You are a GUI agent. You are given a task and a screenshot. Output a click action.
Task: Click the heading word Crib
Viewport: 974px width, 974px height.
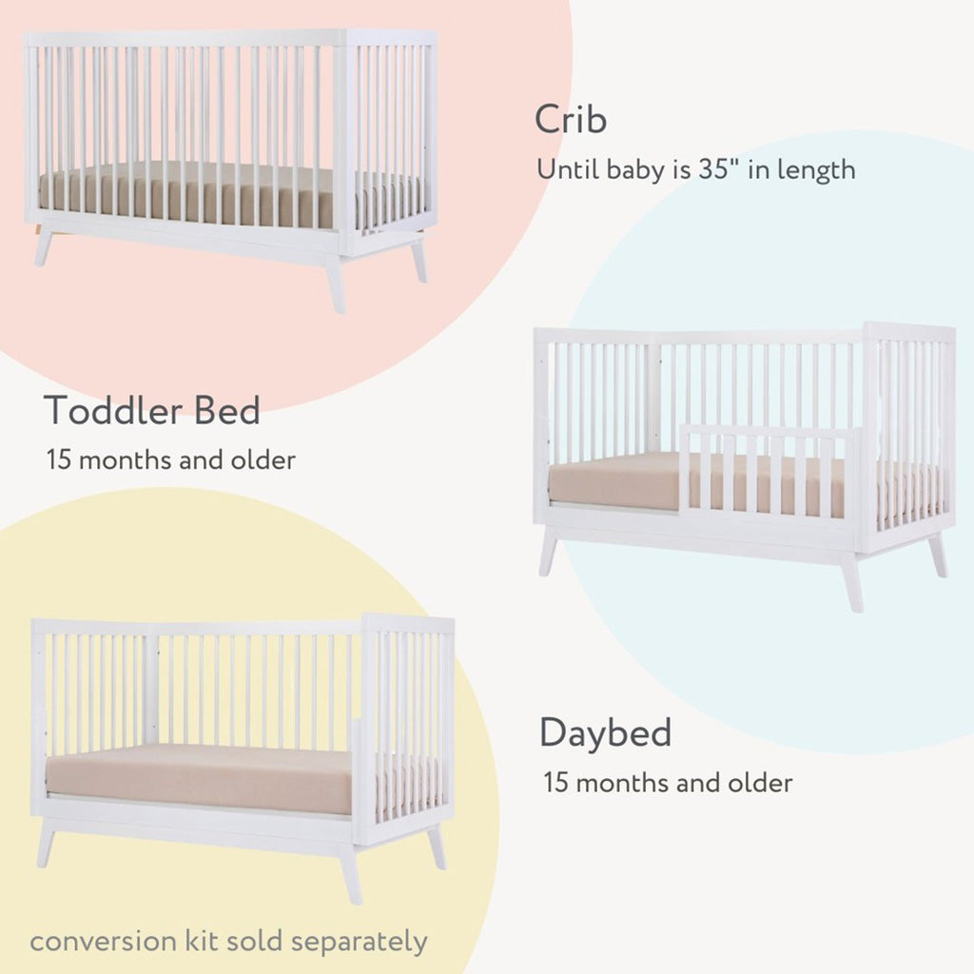[x=571, y=121]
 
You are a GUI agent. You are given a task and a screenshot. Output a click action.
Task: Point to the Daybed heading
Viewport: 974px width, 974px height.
[x=606, y=733]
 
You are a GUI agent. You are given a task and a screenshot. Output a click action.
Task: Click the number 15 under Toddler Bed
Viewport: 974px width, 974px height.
[x=60, y=460]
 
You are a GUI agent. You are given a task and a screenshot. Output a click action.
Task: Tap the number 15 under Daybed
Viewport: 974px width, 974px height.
[x=556, y=784]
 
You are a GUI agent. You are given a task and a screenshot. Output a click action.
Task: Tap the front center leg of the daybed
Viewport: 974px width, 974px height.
[x=350, y=872]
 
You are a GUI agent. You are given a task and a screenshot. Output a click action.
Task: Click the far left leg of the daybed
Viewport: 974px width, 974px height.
[x=46, y=846]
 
